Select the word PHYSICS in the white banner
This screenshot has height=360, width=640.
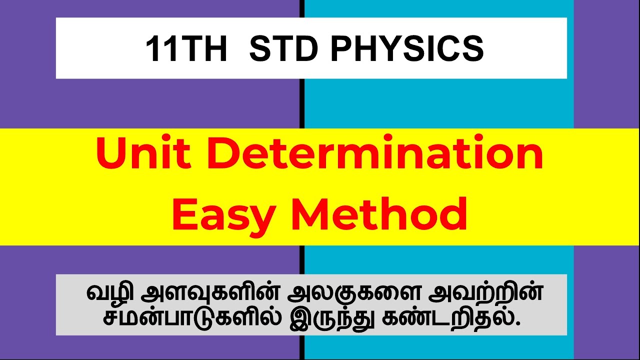coord(407,49)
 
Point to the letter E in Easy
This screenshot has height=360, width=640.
coord(185,213)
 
